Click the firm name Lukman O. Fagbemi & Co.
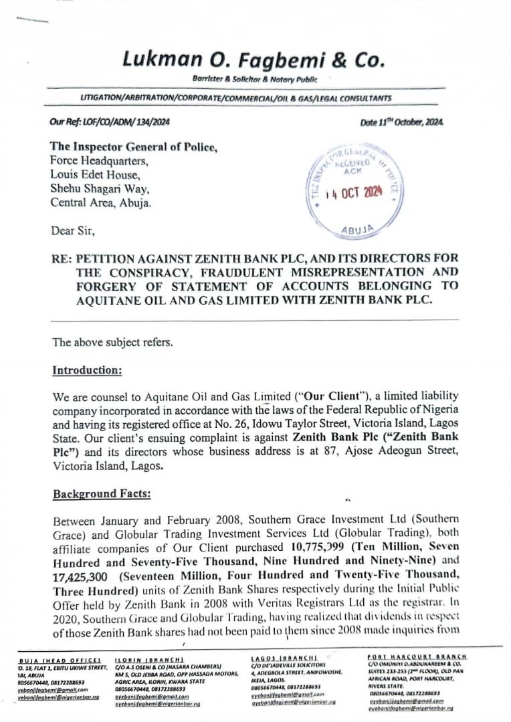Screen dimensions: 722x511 (x=254, y=60)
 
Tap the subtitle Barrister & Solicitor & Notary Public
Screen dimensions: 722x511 (x=254, y=80)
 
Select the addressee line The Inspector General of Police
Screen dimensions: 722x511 (x=134, y=146)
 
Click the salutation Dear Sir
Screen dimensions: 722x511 (x=73, y=231)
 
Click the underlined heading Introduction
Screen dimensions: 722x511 (x=87, y=370)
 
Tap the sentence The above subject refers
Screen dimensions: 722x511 (x=112, y=342)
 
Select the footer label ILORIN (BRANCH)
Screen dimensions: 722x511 (x=145, y=659)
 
